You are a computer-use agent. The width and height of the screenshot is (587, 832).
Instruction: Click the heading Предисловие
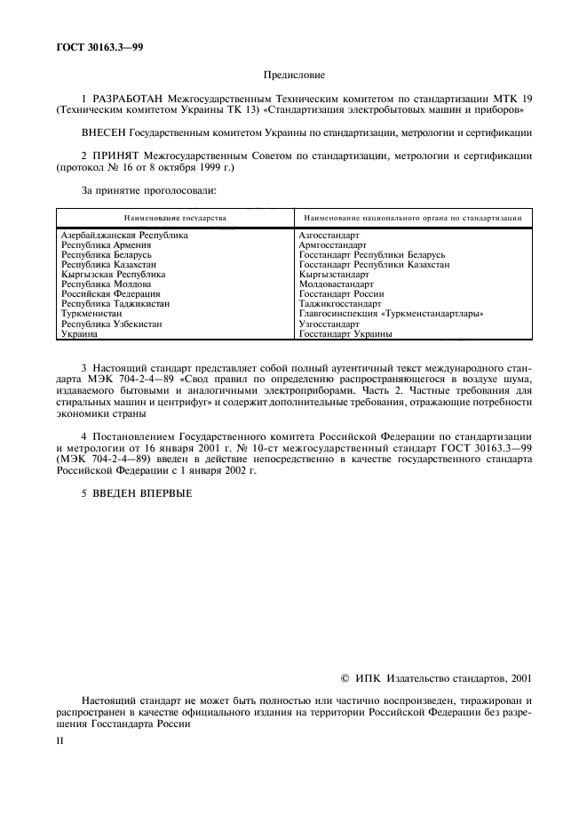tap(294, 77)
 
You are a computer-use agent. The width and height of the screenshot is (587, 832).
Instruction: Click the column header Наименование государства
tap(175, 218)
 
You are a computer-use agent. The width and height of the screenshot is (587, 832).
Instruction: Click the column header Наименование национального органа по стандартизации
tap(412, 218)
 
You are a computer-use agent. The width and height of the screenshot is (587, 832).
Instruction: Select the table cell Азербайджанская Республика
tap(124, 236)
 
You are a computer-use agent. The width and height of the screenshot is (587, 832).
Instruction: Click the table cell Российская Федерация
tap(110, 294)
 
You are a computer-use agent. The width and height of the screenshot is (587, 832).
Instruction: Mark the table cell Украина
tap(78, 334)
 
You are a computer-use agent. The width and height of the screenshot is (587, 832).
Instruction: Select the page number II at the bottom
tap(60, 739)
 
